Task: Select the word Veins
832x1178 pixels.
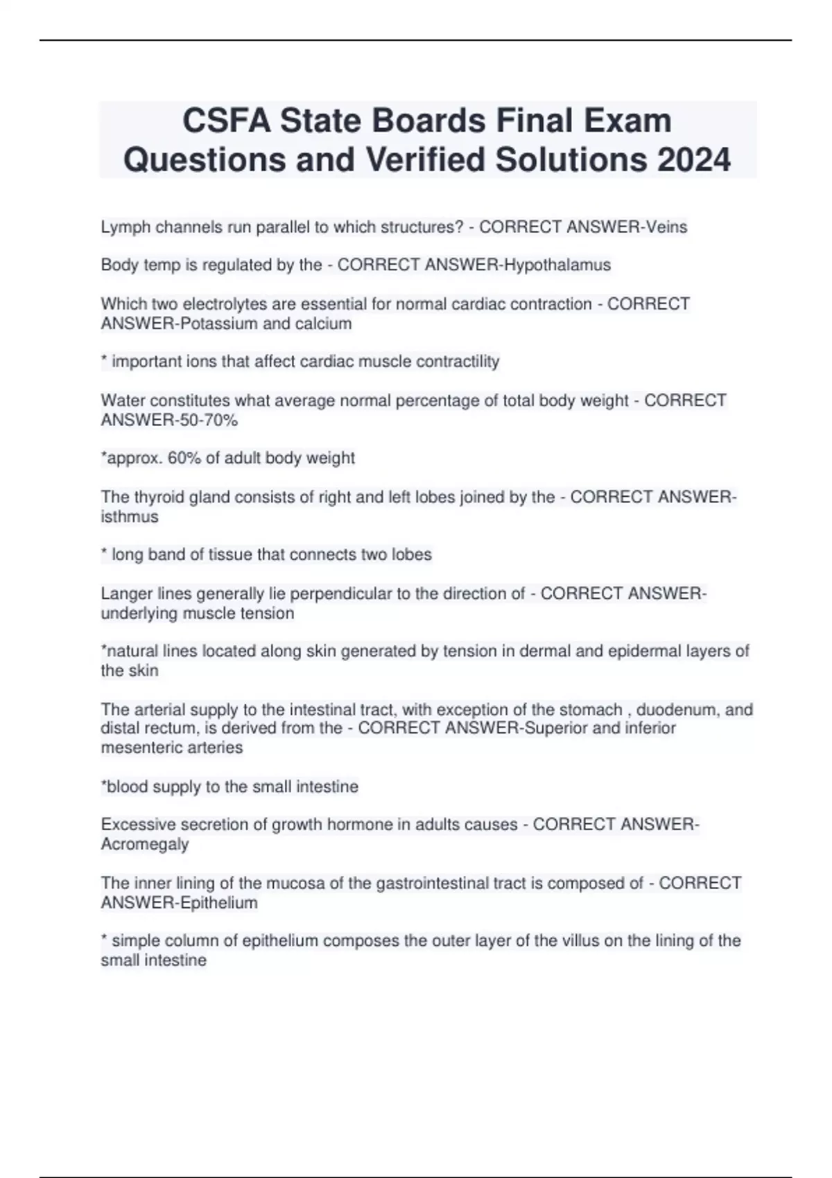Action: [666, 227]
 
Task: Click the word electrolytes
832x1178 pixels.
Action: [224, 304]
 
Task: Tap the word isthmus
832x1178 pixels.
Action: [130, 517]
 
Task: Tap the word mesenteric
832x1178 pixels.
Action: [137, 748]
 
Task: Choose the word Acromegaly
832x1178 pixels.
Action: [145, 844]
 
